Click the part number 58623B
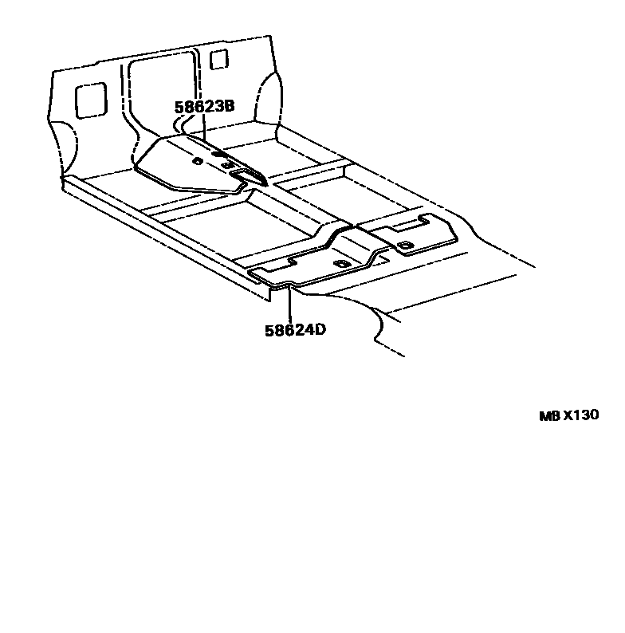click(205, 106)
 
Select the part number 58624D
click(296, 328)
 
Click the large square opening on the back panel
click(89, 97)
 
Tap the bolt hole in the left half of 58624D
click(342, 264)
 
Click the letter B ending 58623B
click(230, 106)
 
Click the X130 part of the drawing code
click(580, 415)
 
